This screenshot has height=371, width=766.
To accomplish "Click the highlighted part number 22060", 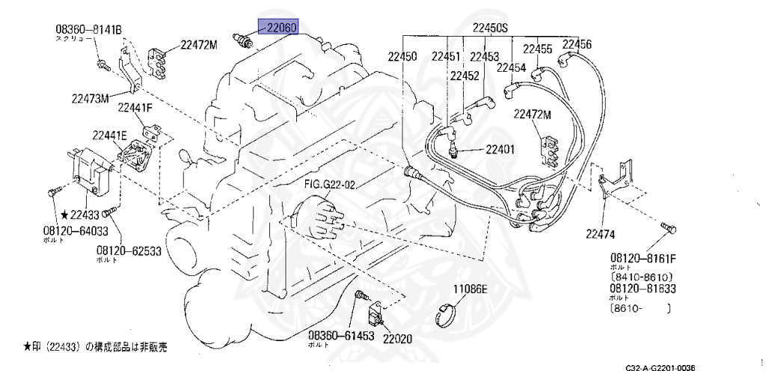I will click(x=278, y=28).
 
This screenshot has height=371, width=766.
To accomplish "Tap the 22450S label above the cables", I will click(x=489, y=28).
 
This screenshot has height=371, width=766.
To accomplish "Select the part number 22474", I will click(x=600, y=234).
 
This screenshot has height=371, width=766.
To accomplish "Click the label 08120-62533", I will click(x=129, y=251).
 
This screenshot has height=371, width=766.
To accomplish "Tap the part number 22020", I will click(x=397, y=338).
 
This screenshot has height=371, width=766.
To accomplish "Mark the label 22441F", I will click(x=135, y=108).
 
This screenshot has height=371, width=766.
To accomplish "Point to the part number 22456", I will click(x=577, y=45).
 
